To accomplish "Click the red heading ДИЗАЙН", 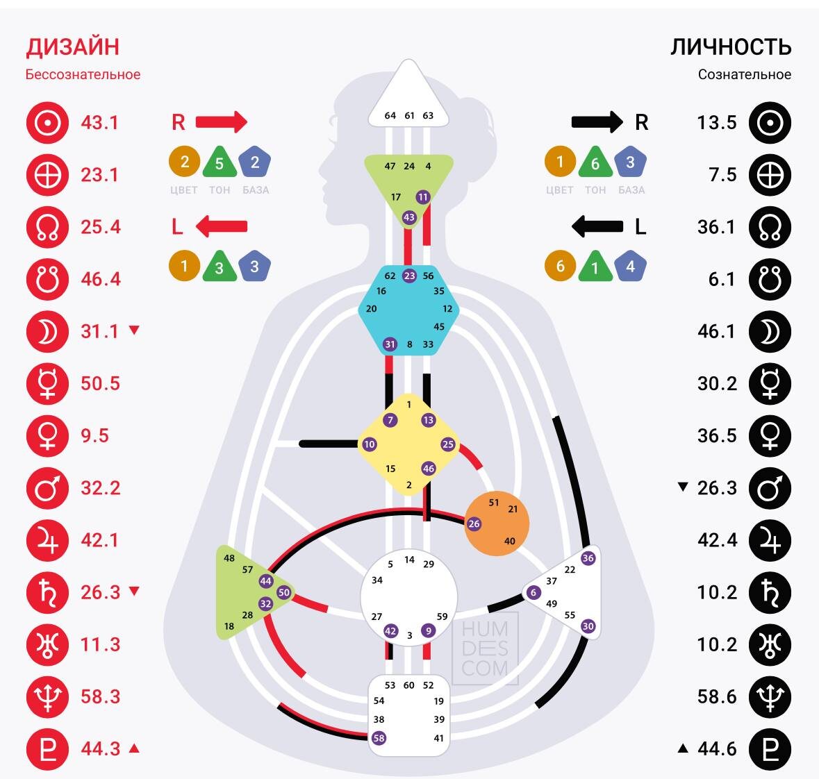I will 72,47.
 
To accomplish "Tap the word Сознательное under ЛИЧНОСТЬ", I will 744,74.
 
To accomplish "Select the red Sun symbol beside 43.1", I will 47,123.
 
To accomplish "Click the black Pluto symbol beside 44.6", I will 770,748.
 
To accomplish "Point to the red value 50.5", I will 100,383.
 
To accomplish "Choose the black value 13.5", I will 717,123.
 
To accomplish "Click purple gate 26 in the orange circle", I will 474,523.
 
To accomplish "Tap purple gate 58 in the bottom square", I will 379,738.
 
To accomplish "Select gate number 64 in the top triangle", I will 390,115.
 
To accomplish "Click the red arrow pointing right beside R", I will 222,122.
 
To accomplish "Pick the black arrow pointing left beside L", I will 597,226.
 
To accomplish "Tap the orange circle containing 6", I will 560,266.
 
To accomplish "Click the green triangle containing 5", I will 220,163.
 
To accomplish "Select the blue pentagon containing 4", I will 630,266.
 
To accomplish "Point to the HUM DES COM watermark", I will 485,648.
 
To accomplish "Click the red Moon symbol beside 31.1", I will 47,332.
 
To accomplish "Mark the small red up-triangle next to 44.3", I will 135,748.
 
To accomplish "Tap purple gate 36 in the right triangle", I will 588,558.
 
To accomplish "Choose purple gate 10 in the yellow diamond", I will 369,444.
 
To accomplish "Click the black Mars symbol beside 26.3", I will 770,488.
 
